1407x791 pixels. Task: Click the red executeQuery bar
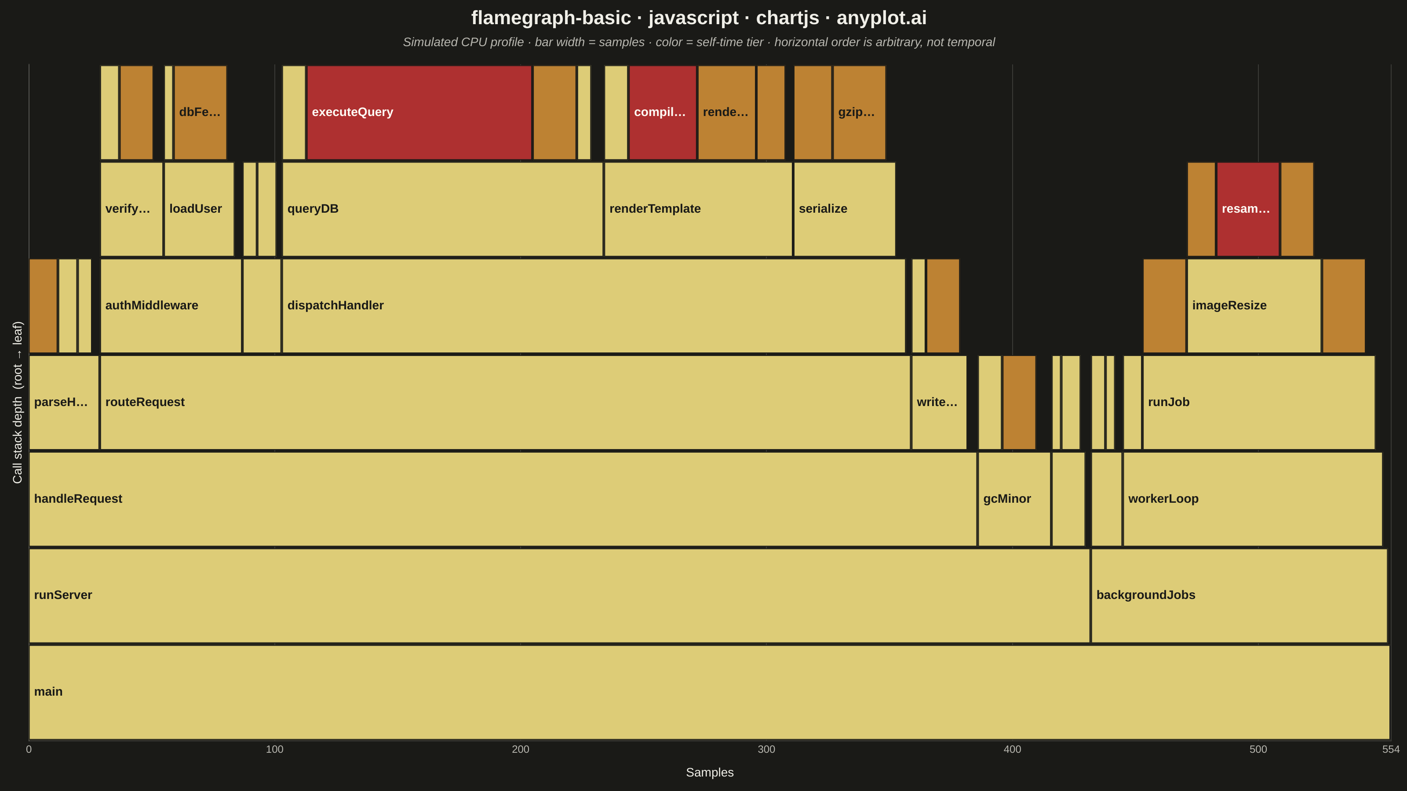pyautogui.click(x=419, y=112)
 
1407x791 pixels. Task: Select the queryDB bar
pyautogui.click(x=442, y=209)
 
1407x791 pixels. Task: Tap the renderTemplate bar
pyautogui.click(x=698, y=209)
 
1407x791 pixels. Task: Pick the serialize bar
pyautogui.click(x=844, y=209)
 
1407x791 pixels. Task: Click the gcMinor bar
pyautogui.click(x=1014, y=499)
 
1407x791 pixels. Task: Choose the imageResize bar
pyautogui.click(x=1254, y=306)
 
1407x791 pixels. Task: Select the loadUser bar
pyautogui.click(x=199, y=209)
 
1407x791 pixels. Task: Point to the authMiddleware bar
pyautogui.click(x=171, y=306)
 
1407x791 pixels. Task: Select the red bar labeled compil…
pyautogui.click(x=663, y=112)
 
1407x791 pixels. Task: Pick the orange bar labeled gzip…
pyautogui.click(x=859, y=112)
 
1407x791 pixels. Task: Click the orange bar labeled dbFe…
pyautogui.click(x=200, y=112)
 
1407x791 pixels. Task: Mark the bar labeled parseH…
pyautogui.click(x=64, y=403)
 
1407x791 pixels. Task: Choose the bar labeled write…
pyautogui.click(x=939, y=403)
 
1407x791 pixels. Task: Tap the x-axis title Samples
pyautogui.click(x=710, y=773)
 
